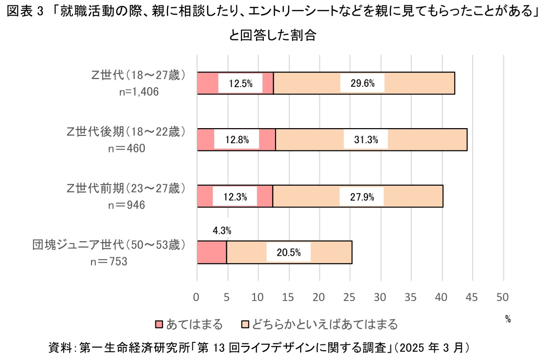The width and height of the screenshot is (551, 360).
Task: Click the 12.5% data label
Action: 240,83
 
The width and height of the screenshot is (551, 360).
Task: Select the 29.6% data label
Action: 362,83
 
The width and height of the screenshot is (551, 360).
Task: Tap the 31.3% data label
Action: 366,140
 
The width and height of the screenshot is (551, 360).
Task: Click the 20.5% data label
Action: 288,253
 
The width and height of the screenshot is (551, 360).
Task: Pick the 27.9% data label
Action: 361,197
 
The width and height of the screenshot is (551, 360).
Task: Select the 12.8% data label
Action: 237,140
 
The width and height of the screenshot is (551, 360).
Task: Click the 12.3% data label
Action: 235,197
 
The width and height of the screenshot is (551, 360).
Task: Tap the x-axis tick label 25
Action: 350,297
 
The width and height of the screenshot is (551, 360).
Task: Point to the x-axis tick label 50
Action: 503,297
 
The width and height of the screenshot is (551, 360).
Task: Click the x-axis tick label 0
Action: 197,297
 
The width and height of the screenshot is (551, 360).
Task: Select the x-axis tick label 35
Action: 411,297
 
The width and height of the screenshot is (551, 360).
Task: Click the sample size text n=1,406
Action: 139,92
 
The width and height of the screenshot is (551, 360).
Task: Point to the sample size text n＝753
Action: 109,262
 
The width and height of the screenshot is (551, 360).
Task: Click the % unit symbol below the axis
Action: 508,320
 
